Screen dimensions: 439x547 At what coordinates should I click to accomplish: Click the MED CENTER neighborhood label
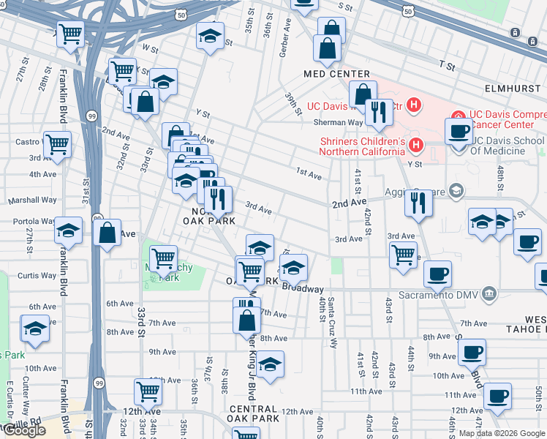(x=337, y=75)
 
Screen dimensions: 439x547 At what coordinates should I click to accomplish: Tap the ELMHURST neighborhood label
(x=516, y=88)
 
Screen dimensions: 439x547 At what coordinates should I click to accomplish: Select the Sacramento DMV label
(x=442, y=295)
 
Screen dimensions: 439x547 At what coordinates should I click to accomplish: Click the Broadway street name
(x=303, y=289)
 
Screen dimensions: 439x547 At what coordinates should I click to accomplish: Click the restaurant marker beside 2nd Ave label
(x=418, y=201)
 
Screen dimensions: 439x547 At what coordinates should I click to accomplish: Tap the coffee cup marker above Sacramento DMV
(x=437, y=274)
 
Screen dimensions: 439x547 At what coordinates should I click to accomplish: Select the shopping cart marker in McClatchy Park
(x=163, y=257)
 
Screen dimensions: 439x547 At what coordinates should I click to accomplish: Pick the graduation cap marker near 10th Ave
(x=270, y=364)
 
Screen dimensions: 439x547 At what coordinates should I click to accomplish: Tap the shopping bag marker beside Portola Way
(x=107, y=233)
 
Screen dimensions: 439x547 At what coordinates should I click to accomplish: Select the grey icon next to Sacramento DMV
(x=488, y=294)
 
